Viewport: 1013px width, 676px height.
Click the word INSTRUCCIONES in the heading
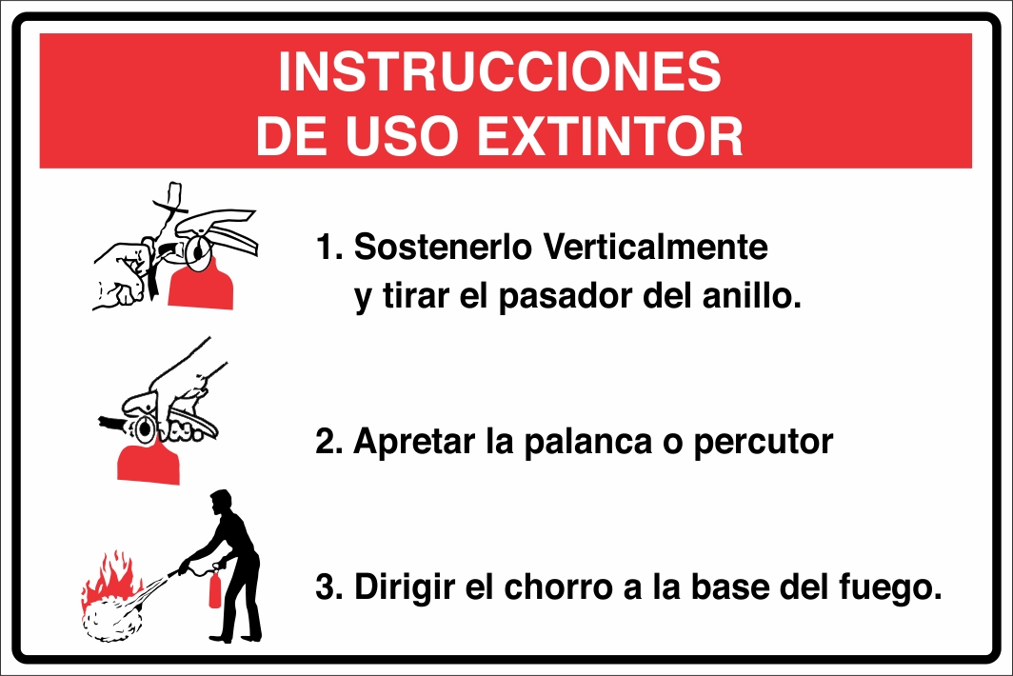500,72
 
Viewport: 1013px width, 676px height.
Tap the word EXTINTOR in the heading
609,136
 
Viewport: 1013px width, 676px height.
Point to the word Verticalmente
654,248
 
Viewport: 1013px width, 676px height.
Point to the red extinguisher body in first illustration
201,285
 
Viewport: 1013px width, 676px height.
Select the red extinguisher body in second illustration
148,461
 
